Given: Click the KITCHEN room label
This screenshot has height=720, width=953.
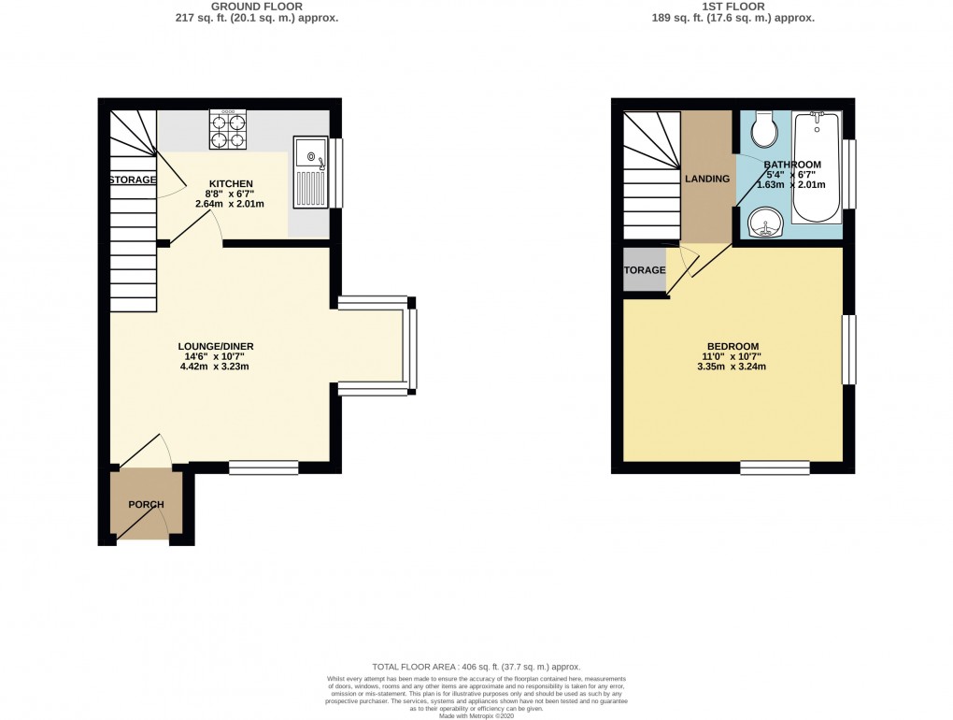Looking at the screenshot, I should (230, 183).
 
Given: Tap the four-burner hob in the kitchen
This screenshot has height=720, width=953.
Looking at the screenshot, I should (228, 130).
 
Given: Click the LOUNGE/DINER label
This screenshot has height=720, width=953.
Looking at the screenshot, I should (216, 347).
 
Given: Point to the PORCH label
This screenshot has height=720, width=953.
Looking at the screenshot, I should (146, 505).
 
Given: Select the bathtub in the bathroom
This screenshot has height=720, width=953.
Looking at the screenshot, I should (817, 166).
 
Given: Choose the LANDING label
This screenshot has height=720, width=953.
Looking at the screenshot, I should (707, 179).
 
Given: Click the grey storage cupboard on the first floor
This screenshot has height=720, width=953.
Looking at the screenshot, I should (645, 270).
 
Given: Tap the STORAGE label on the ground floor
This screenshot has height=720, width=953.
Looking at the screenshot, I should (133, 180).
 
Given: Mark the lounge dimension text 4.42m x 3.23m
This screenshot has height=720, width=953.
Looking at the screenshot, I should (216, 367).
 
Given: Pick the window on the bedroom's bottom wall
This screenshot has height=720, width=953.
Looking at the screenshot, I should (775, 468).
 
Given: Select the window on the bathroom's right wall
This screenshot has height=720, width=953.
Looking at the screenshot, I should (848, 174).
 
